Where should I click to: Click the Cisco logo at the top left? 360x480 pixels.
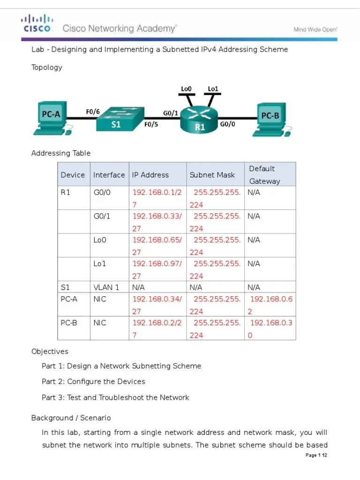pos(37,23)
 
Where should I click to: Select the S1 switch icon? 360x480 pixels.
pos(119,120)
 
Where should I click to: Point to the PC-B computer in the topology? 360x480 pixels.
pos(272,120)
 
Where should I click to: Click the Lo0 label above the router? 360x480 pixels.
pos(187,89)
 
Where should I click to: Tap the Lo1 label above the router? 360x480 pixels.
pos(213,89)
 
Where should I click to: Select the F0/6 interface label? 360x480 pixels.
pos(92,112)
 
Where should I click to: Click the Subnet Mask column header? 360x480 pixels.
pos(212,175)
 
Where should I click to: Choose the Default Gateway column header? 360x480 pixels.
pos(264,175)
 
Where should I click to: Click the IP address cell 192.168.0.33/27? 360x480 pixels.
pos(157,222)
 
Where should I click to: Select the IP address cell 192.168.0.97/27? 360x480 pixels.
pos(157,270)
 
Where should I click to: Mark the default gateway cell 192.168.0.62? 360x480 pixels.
pos(271,305)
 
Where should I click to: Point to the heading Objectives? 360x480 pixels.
pos(50,352)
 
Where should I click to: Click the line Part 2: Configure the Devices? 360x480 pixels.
pos(93,382)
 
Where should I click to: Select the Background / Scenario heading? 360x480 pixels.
pos(71,418)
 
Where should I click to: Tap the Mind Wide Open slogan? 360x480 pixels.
pos(315,29)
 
